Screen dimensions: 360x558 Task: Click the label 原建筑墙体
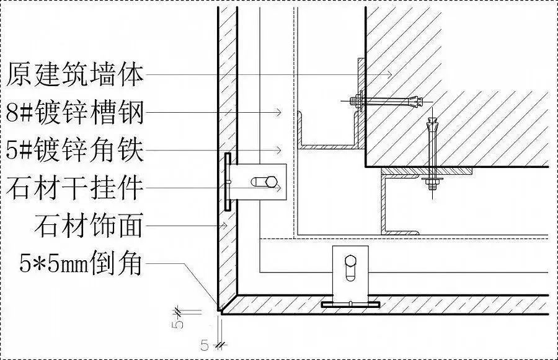74,76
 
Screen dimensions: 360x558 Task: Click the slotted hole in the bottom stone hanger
351,266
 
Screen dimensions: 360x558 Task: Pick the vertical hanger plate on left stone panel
228,182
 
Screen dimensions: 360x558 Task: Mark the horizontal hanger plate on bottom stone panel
351,305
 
